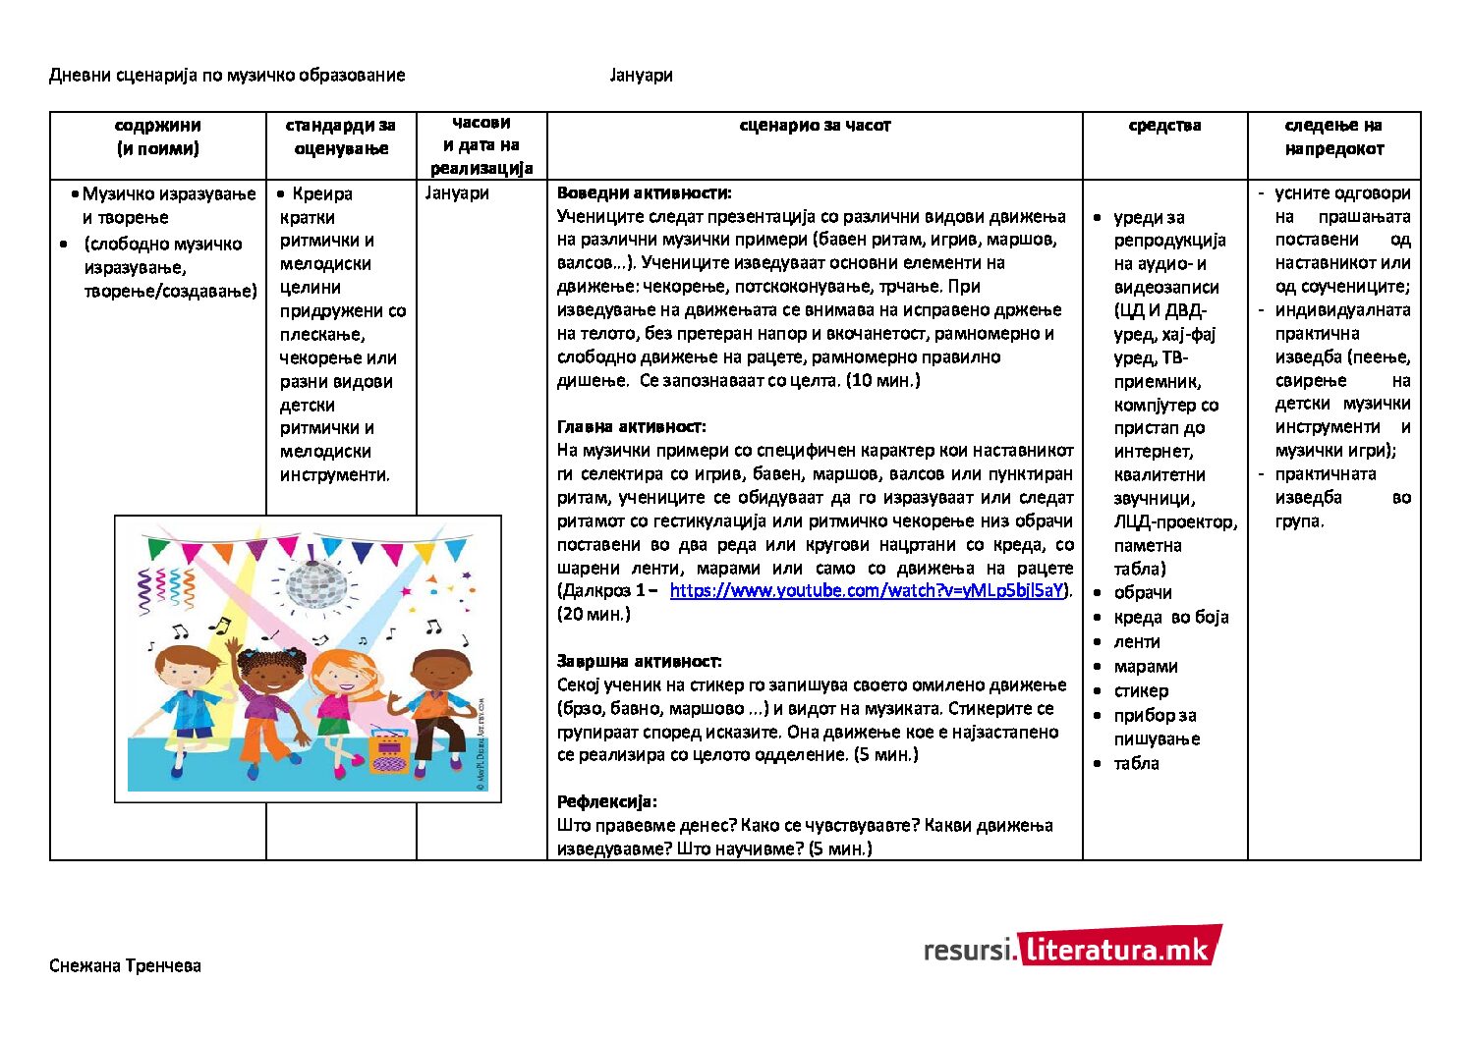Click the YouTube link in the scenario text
click(867, 591)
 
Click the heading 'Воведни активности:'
click(644, 193)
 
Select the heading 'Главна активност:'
click(631, 427)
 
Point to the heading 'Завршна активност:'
click(639, 662)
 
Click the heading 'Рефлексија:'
click(606, 802)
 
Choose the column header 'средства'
click(1164, 126)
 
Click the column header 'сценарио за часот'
click(815, 126)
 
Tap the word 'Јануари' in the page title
click(641, 76)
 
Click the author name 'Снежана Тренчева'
click(125, 966)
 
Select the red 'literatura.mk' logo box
click(1119, 948)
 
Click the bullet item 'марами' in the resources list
click(1145, 667)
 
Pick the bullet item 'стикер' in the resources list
click(1141, 691)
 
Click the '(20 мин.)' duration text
click(594, 615)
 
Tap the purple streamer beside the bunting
click(146, 589)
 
